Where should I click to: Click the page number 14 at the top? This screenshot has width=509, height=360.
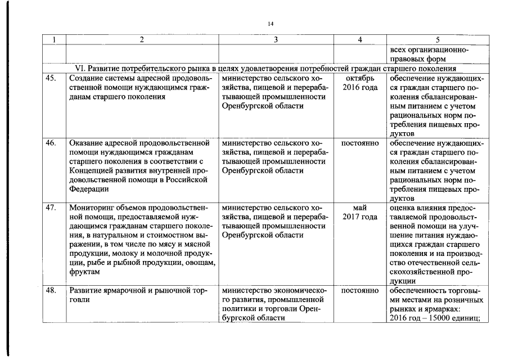[271, 24]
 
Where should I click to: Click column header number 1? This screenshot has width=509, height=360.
[55, 39]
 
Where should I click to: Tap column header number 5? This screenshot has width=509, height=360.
[438, 39]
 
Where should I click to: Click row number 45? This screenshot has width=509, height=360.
[51, 79]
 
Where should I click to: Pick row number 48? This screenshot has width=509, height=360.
[51, 291]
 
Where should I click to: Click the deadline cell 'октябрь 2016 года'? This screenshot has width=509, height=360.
[361, 83]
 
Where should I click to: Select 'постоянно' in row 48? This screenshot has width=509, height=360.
[361, 291]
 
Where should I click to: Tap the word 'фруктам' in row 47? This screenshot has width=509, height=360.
[84, 272]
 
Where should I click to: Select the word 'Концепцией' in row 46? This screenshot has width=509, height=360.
[92, 170]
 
